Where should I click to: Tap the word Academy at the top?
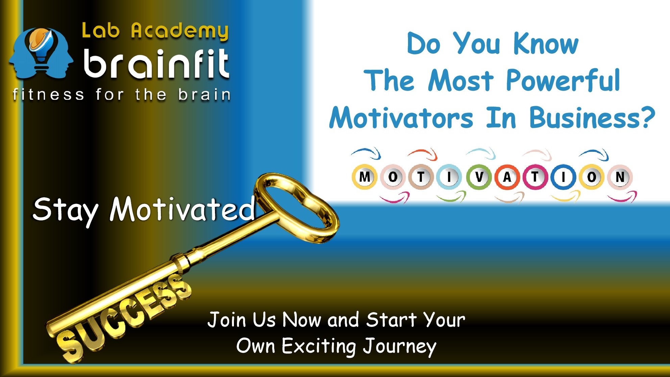180,31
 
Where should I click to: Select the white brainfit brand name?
157,63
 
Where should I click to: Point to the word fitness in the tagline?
48,94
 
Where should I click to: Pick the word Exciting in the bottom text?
319,347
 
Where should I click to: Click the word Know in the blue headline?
546,44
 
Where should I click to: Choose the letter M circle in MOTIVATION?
364,177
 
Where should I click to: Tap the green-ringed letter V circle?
479,177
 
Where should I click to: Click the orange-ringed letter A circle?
507,177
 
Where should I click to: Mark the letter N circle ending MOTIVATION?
620,177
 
